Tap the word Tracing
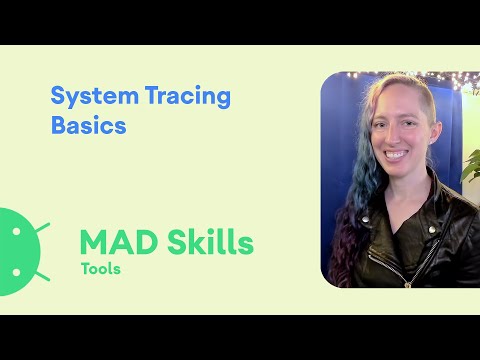pos(177,98)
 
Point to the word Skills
pos(207,242)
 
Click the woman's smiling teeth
pos(394,154)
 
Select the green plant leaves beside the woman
pos(472,165)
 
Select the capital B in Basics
pos(58,127)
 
